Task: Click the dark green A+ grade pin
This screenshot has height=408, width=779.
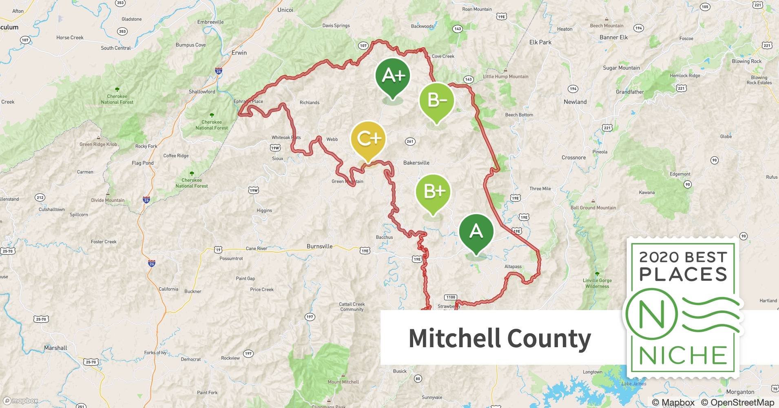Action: tap(393, 76)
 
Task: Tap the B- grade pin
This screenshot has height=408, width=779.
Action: tap(436, 100)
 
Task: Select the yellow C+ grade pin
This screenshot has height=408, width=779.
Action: tap(368, 139)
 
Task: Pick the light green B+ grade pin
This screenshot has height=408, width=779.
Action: tap(433, 192)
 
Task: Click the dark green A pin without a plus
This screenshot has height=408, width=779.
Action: tap(476, 231)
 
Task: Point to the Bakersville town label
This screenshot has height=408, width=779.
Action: tap(416, 163)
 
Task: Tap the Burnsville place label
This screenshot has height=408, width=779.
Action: tap(319, 246)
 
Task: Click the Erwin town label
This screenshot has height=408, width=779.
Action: tap(239, 53)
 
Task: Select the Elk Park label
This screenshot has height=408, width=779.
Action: tap(540, 42)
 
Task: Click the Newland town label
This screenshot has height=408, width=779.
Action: tap(575, 102)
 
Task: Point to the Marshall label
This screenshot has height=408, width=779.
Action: tap(55, 348)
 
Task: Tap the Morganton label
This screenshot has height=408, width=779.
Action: tap(740, 392)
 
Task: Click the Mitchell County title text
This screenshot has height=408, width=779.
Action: tap(500, 338)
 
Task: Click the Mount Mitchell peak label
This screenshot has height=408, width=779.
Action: tap(343, 382)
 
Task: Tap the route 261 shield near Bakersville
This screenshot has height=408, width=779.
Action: tap(410, 141)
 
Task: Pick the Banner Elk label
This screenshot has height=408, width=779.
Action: tap(613, 38)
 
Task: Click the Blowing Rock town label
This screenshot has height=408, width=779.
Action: tap(746, 61)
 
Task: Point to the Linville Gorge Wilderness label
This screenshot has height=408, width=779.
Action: tap(597, 283)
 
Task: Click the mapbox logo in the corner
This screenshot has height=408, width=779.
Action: tap(21, 401)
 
